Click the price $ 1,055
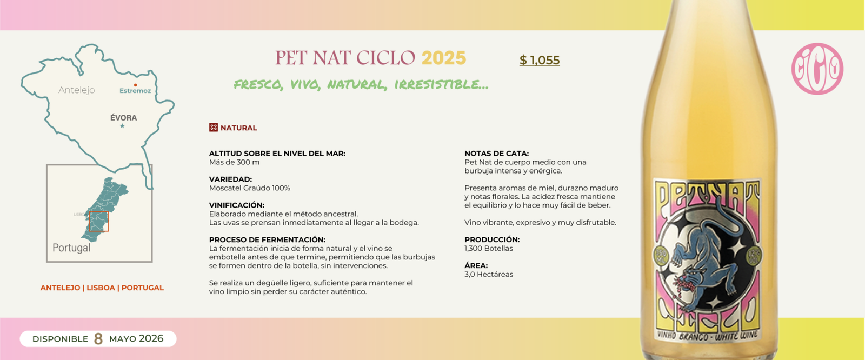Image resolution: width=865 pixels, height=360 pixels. coord(540,60)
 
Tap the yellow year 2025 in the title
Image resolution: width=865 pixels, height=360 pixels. coord(443,58)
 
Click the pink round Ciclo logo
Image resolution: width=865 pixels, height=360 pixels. coord(817,69)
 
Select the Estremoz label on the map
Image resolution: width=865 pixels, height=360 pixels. coord(135,91)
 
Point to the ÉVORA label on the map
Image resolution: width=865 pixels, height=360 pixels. coord(123,117)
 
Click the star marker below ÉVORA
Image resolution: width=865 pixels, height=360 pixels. coord(122,126)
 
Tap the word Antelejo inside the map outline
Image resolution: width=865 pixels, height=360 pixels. coord(76,90)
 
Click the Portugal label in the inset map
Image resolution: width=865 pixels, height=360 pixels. coord(71,248)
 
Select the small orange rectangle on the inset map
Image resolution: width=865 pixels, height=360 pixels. coord(99,222)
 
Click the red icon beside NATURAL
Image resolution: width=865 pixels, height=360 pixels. coord(214,128)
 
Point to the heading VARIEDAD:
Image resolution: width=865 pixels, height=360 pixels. coord(230,179)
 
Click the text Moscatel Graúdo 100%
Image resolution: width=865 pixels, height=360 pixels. coord(250,188)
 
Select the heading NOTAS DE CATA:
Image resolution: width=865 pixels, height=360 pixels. coord(496,154)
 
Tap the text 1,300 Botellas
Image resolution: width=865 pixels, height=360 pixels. coord(489,248)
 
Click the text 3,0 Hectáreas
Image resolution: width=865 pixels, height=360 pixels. coord(489,274)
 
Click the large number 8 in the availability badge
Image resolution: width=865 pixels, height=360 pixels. coord(98,339)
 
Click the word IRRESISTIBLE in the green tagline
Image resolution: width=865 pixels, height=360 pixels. coord(441,84)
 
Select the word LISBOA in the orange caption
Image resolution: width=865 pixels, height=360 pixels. coord(101,288)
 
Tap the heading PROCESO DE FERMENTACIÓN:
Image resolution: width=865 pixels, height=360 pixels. coord(267,239)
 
